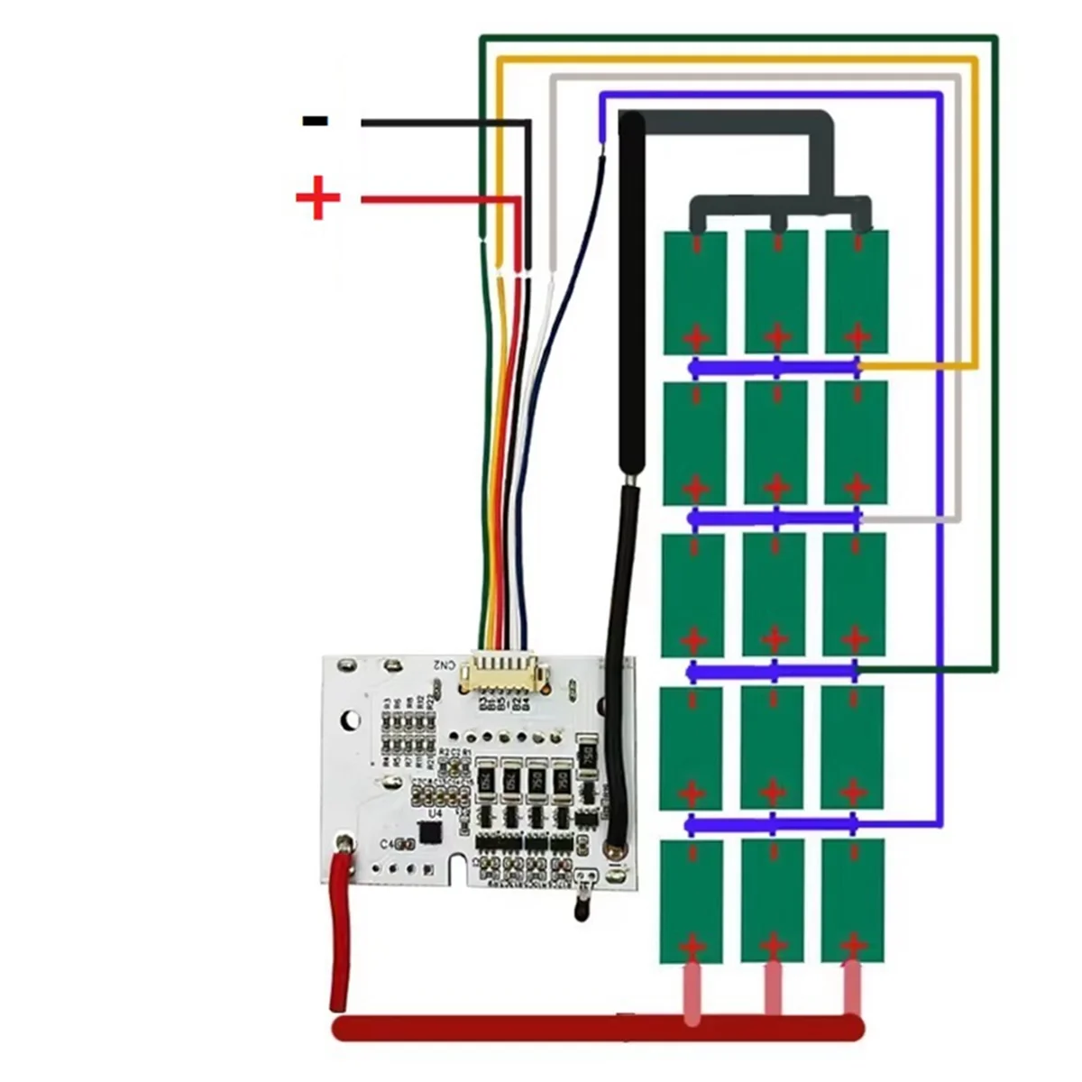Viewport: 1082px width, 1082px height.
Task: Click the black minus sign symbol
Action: click(x=315, y=121)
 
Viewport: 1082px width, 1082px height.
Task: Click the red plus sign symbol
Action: click(x=317, y=198)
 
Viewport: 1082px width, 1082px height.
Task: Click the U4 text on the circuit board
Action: click(x=435, y=814)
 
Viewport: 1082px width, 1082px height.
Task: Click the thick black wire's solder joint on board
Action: click(x=617, y=848)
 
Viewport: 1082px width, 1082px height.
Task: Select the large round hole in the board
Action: click(x=349, y=721)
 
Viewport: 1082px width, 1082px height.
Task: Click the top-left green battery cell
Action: click(x=695, y=291)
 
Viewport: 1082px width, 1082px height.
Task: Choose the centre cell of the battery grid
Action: click(x=775, y=595)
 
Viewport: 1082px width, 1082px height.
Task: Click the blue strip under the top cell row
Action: click(x=775, y=367)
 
